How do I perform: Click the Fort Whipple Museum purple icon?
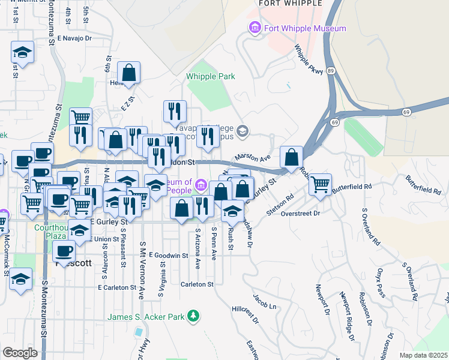(255, 28)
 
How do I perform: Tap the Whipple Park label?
(210, 76)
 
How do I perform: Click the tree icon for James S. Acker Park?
(193, 316)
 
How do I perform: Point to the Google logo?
(20, 353)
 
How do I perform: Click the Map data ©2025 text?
(423, 355)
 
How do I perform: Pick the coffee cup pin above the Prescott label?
(64, 251)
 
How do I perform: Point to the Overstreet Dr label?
(301, 212)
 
